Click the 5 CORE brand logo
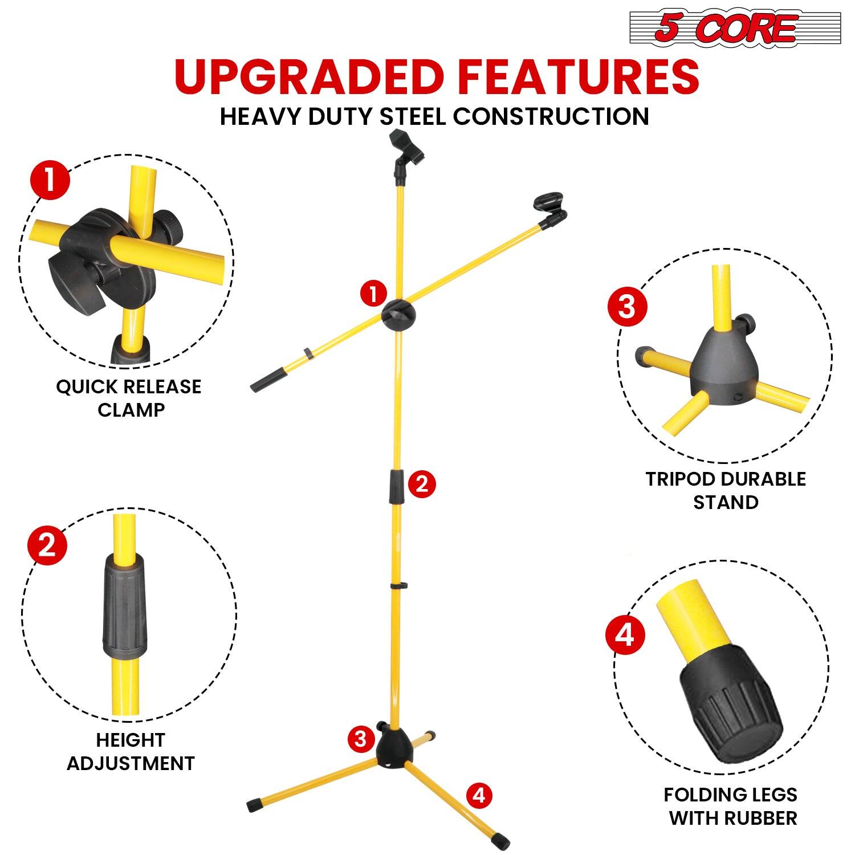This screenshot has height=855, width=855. point(735,27)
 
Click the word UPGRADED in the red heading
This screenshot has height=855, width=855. point(308,77)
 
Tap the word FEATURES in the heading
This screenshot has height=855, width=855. point(576,77)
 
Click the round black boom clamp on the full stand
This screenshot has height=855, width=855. point(399,313)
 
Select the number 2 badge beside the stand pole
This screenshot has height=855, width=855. point(421,484)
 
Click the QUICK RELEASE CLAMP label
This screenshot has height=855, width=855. point(129,398)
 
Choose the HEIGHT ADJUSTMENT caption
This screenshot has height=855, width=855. point(131,751)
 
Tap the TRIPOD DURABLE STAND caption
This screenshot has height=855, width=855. point(726,490)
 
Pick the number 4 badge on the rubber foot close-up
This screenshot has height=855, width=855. point(625,634)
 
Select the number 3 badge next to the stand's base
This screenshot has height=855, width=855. point(360,739)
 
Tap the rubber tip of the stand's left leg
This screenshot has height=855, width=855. point(252,807)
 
